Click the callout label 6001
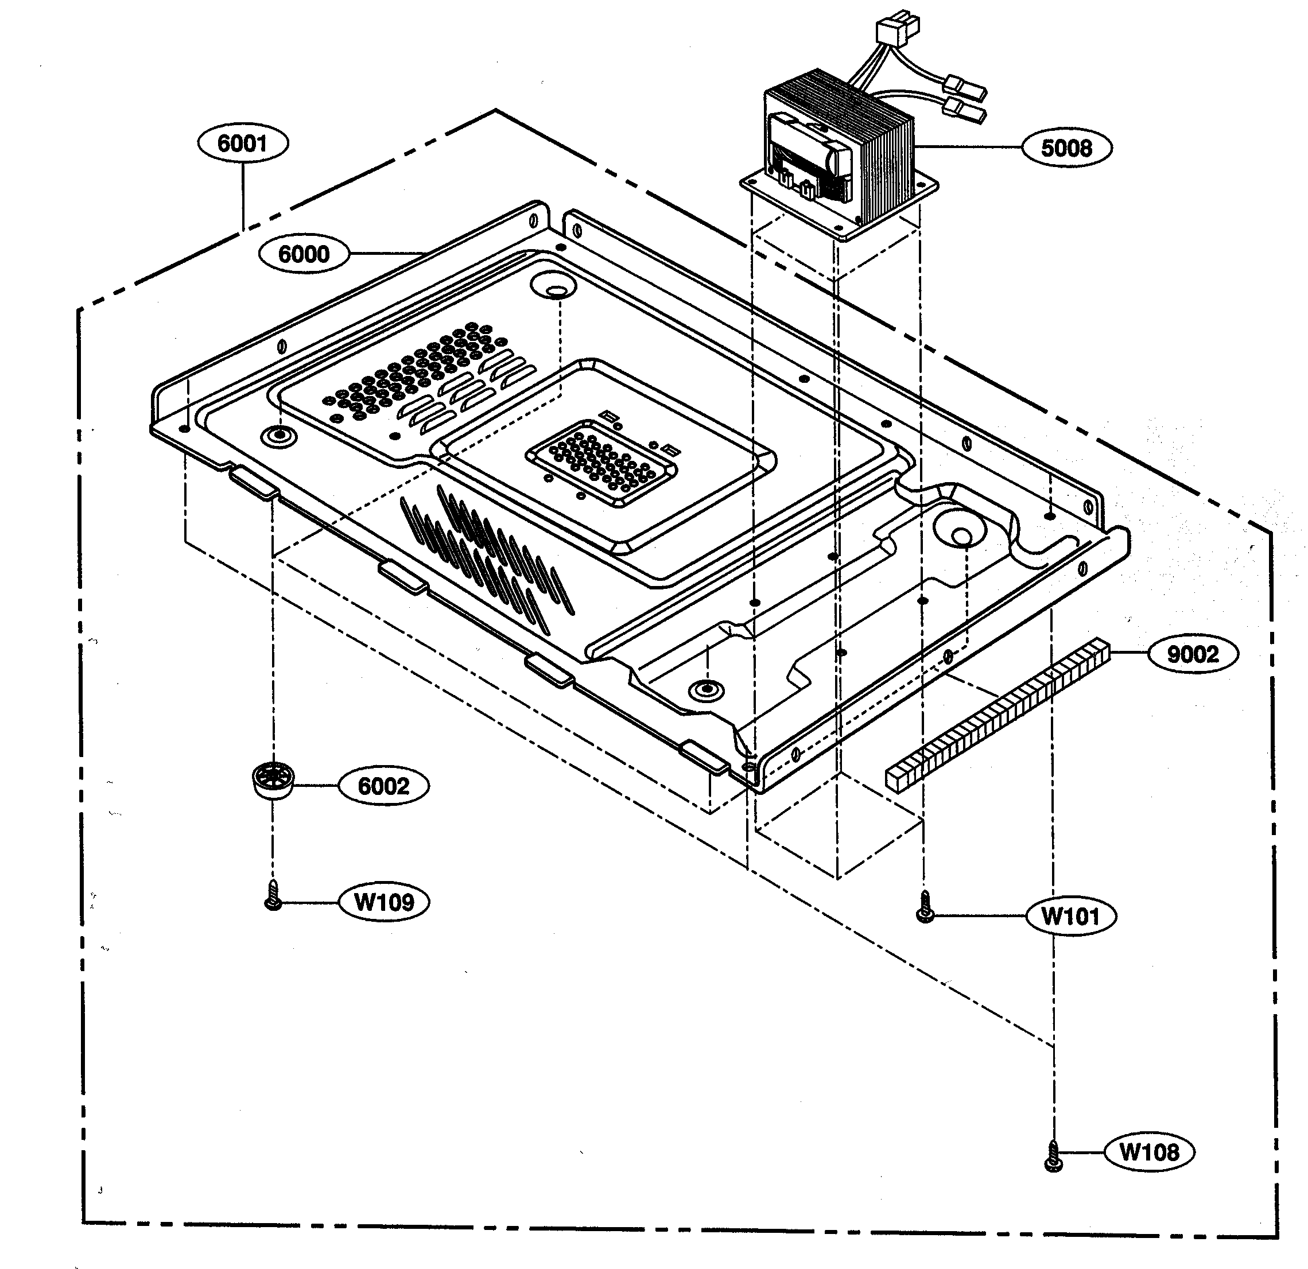click(x=243, y=143)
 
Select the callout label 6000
click(x=304, y=254)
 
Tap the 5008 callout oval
click(x=1066, y=148)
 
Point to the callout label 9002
click(x=1193, y=654)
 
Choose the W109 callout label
click(x=384, y=903)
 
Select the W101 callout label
click(x=1070, y=916)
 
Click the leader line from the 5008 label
click(x=968, y=146)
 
